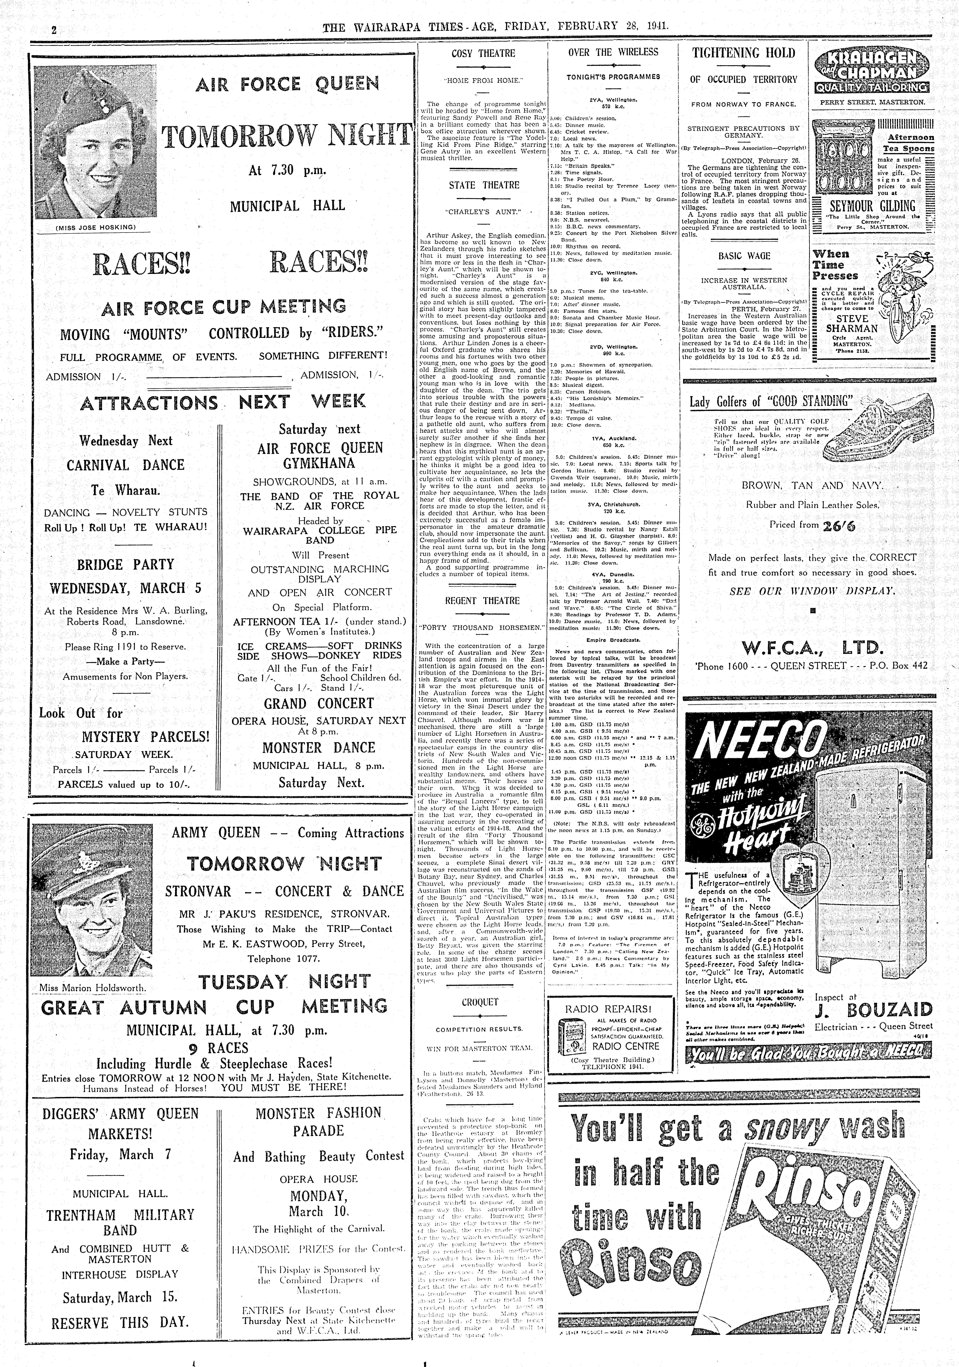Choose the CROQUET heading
[x=480, y=1002]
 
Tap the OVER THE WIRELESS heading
[x=613, y=52]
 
